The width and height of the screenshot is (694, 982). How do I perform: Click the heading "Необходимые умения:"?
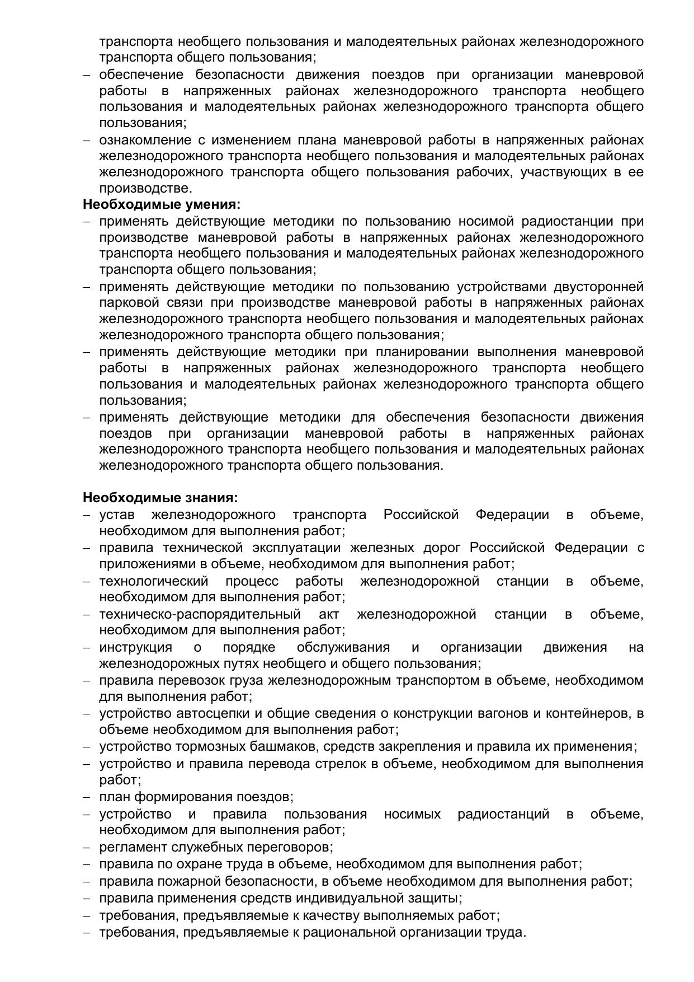[162, 204]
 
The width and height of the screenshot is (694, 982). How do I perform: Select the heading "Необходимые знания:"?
[160, 497]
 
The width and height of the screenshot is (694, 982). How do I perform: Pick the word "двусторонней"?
[598, 287]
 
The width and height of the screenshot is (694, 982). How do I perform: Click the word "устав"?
[117, 515]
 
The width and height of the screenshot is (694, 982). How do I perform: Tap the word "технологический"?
[154, 581]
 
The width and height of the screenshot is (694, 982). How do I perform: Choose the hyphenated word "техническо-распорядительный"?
[200, 614]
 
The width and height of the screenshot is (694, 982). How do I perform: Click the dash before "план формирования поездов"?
[87, 797]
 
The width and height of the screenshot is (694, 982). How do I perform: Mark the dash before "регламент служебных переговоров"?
[87, 848]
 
